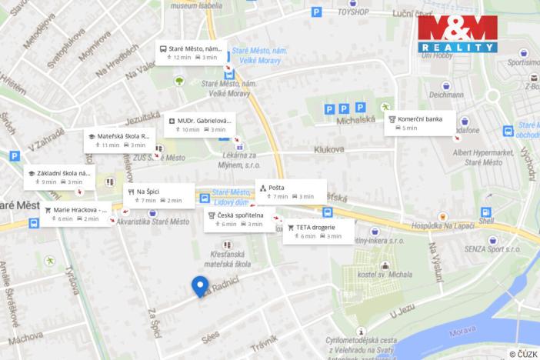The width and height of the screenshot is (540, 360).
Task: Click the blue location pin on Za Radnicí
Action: [x=200, y=285]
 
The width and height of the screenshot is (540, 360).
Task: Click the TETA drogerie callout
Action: [x=318, y=232]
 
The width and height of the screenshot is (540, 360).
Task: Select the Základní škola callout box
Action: [x=59, y=177]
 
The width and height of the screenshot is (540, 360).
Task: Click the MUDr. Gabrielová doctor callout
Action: [x=199, y=125]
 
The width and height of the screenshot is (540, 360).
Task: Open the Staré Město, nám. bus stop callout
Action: [x=191, y=52]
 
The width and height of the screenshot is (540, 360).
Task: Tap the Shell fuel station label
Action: [x=486, y=220]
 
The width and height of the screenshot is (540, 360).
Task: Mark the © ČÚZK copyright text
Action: [x=522, y=353]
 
